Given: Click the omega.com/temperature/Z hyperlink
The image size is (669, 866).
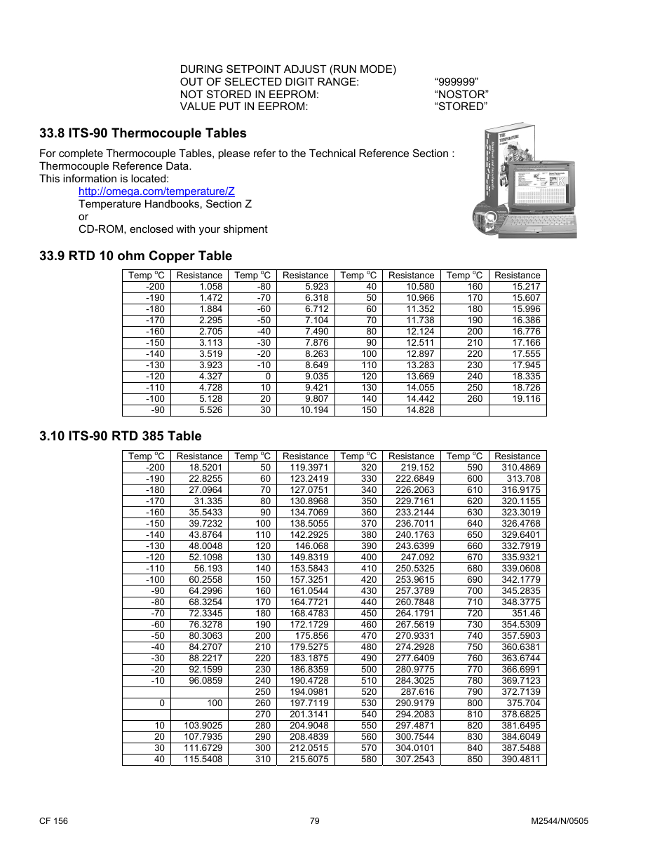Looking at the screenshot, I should pos(156,191).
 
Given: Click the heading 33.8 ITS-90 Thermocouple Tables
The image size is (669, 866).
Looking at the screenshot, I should pos(143,133).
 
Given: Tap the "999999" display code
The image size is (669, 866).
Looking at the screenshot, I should pos(456,82).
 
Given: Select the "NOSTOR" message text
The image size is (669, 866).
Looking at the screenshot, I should pos(461,95).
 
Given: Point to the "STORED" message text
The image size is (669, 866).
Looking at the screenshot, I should pos(460,107).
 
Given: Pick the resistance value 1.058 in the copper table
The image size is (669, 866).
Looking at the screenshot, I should pos(210,287).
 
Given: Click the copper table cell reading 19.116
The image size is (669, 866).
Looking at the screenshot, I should pos(526,399).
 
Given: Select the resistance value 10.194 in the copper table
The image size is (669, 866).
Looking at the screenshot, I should pos(314,410).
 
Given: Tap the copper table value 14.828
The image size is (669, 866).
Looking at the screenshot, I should pos(420,410).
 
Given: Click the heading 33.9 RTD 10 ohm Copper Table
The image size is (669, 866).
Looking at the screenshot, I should pos(136,256).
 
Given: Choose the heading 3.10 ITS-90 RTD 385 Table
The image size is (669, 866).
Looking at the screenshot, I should pos(121,436).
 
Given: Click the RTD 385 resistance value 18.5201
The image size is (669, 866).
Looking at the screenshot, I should pos(205,468).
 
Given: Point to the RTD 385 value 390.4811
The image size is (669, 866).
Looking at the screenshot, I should pos(521,759).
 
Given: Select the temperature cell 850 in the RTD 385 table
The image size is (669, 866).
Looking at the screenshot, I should pos(475,759).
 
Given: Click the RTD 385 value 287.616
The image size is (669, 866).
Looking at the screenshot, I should pos(417,692).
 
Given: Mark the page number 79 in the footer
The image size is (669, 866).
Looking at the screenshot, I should pos(315,821).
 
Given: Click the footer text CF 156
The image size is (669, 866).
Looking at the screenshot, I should pos(54,821).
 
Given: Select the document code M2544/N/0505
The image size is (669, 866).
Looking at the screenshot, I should pos(560,821).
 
